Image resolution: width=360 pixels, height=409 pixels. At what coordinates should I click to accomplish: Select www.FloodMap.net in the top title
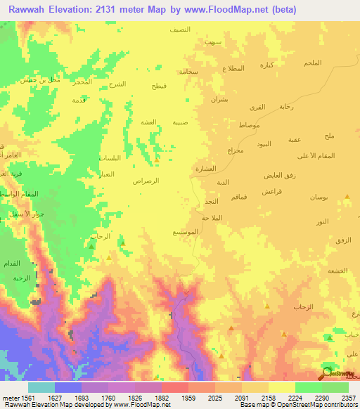coord(219,10)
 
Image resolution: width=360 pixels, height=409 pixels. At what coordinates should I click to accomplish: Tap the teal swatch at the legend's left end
coord(41,387)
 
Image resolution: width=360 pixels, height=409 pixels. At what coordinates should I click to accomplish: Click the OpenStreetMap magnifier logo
coord(327,371)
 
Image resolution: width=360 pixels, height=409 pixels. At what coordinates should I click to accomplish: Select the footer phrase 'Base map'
coord(250,404)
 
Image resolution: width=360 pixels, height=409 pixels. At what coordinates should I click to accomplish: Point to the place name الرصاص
coord(146,181)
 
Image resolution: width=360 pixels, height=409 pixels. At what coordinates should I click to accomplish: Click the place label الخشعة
coord(337,271)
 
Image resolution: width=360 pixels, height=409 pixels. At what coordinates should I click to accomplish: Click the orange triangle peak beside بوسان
coord(345,200)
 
